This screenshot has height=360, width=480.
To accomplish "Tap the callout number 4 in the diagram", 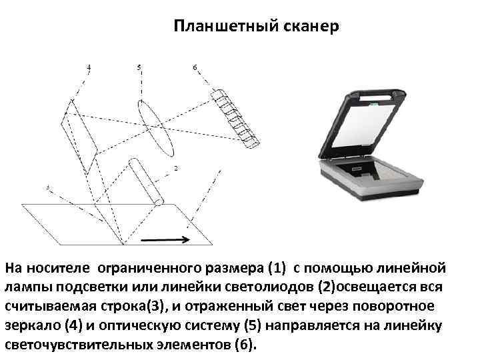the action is pos(89,67).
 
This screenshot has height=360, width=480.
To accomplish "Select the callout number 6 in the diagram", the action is pos(195,67).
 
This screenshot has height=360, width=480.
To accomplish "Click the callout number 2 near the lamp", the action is pos(175,169).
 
